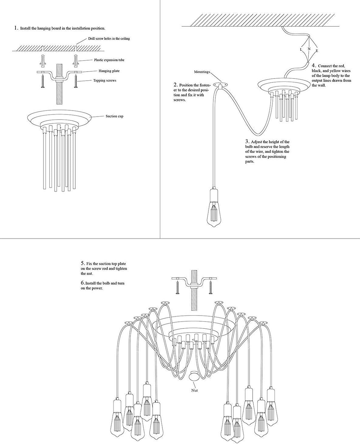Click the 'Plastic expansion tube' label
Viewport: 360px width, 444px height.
109,60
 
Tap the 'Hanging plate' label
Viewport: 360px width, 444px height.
109,71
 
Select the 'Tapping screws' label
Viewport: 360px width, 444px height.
105,81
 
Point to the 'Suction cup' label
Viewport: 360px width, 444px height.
114,116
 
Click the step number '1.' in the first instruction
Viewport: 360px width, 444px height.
16,28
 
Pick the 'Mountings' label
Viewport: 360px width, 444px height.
202,72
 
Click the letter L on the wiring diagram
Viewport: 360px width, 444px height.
301,49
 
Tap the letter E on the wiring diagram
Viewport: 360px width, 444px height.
317,51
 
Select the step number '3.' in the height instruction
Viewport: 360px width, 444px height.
247,142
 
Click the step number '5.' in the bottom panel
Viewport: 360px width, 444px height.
83,263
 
